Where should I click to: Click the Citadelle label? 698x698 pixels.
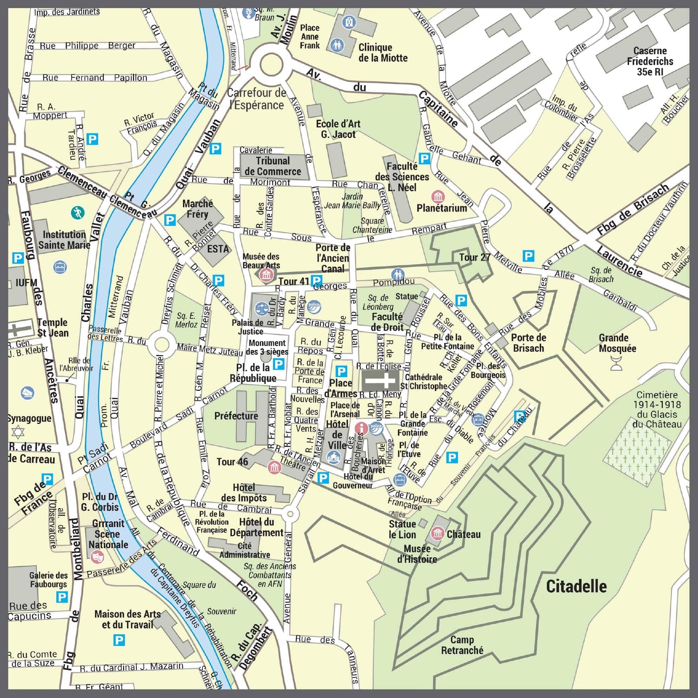(x=576, y=586)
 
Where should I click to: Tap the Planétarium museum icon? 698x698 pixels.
(x=438, y=196)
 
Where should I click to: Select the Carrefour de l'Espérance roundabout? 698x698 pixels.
(x=269, y=65)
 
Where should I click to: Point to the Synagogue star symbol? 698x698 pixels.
(x=18, y=432)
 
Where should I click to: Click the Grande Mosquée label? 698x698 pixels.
(x=617, y=343)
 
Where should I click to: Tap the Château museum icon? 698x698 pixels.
(x=437, y=533)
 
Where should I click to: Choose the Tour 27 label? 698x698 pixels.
(x=475, y=257)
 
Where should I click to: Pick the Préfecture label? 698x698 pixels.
(x=236, y=416)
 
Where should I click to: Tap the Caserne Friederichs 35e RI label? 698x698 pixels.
(x=650, y=61)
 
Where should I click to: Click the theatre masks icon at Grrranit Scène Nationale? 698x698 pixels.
(x=97, y=555)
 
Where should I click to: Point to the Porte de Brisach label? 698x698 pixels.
(x=528, y=343)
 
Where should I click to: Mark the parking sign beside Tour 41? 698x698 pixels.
(x=316, y=281)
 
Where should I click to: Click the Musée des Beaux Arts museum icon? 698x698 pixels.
(x=266, y=275)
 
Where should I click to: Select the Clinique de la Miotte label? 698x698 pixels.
(x=383, y=53)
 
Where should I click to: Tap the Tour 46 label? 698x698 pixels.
(x=232, y=462)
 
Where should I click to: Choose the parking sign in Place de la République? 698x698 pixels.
(x=279, y=364)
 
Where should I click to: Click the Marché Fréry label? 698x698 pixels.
(x=197, y=208)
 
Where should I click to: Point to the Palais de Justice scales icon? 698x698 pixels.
(x=261, y=309)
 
